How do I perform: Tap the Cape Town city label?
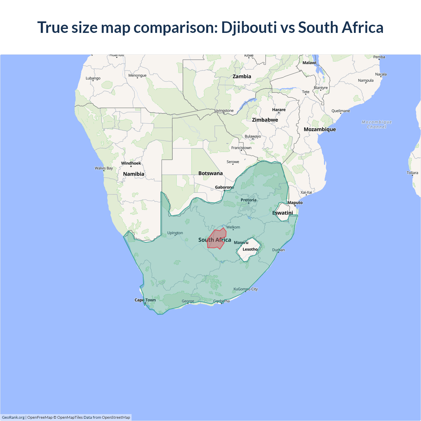(145, 300)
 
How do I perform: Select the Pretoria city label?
(248, 200)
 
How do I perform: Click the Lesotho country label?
(250, 249)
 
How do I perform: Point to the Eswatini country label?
(283, 213)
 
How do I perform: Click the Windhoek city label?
(131, 163)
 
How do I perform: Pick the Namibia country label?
(134, 174)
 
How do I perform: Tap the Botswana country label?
(210, 173)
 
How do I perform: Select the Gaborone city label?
(224, 187)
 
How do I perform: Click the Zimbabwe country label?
(265, 120)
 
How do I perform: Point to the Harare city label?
(279, 110)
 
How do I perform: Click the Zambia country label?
(242, 76)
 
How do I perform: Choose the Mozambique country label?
(320, 129)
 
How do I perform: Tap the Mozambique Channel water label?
(377, 124)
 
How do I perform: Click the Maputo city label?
(295, 203)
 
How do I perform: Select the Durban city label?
(278, 250)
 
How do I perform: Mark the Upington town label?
(175, 233)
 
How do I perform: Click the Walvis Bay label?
(104, 168)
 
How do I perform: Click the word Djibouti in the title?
(249, 27)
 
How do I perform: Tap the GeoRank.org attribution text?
(13, 417)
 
